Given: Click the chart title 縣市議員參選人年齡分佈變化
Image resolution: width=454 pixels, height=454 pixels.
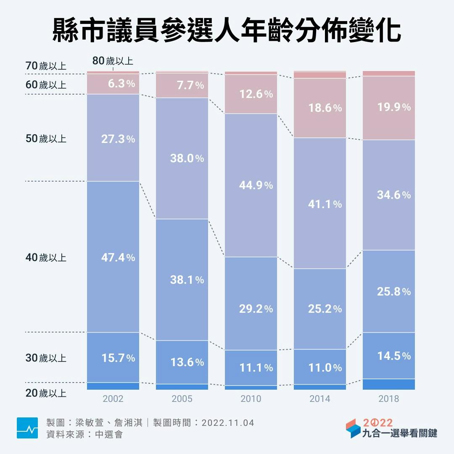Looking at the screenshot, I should tap(227, 30).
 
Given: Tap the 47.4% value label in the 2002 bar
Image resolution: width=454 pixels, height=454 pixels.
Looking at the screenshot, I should tap(118, 257).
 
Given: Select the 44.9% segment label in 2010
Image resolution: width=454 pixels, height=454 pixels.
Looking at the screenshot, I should tap(256, 185).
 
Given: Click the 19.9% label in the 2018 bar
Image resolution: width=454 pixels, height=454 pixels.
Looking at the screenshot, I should tap(394, 107).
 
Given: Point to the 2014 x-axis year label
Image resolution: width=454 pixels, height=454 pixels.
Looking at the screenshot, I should tap(319, 399).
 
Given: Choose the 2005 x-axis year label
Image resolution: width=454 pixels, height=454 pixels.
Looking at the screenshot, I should tap(182, 399).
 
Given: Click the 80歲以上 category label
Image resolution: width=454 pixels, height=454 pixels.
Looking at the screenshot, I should tap(113, 61).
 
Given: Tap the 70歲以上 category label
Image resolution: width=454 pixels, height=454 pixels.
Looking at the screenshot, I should tap(46, 66).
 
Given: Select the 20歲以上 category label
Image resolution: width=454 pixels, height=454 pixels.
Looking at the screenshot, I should tap(46, 393).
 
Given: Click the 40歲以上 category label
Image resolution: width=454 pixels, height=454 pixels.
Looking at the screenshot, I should tap(46, 257).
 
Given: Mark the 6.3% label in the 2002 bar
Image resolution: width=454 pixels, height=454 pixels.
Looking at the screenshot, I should tap(121, 84).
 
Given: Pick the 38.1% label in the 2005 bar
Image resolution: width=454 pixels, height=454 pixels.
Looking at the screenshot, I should tap(187, 280).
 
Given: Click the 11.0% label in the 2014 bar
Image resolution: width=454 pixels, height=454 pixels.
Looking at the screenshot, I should tap(325, 368).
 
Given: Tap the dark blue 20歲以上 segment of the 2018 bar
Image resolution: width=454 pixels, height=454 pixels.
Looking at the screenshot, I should tap(388, 384).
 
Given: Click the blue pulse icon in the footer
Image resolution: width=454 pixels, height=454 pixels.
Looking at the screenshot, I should tap(27, 428).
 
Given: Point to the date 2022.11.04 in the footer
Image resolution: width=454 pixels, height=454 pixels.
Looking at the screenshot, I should tap(228, 422).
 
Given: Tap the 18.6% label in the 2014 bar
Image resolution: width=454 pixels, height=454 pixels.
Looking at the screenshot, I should tap(325, 108).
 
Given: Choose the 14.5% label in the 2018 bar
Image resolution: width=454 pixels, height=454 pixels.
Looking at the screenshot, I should tap(394, 356).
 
